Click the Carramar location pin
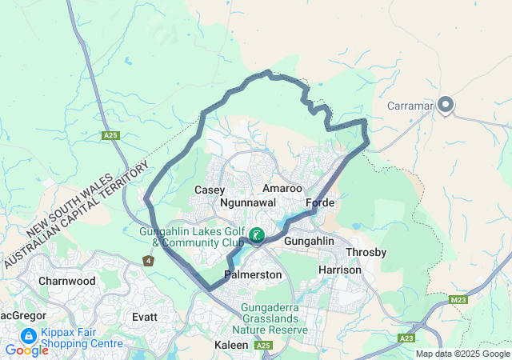(x=446, y=105)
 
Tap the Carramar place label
(x=410, y=106)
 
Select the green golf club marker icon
(x=257, y=235)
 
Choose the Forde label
(x=320, y=203)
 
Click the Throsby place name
(x=366, y=252)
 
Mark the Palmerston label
(x=253, y=274)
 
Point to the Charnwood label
(x=67, y=281)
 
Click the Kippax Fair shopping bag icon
(x=28, y=336)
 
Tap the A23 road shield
(x=406, y=338)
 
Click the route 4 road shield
(x=148, y=261)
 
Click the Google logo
(x=27, y=350)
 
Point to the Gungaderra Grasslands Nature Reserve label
(x=270, y=318)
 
